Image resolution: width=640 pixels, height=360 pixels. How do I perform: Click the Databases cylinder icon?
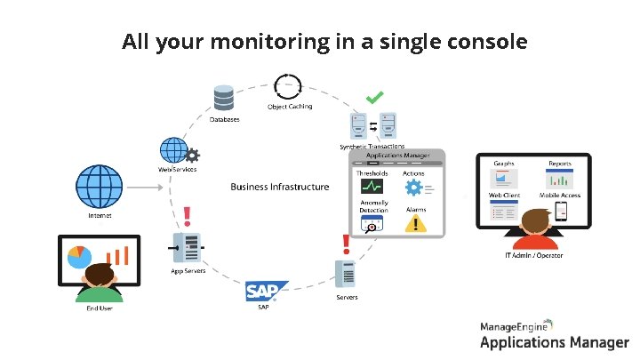tap(223, 97)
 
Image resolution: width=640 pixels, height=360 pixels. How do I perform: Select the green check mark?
tap(376, 95)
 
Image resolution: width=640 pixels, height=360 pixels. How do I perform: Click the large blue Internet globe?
tap(99, 186)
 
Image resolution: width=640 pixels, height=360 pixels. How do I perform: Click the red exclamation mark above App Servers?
tap(187, 216)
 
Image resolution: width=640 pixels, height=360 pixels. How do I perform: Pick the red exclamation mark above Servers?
tap(346, 242)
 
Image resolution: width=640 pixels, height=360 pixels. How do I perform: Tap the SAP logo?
tap(266, 291)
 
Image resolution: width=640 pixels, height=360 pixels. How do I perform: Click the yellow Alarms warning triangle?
tap(413, 223)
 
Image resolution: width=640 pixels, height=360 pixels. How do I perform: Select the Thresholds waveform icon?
tap(372, 187)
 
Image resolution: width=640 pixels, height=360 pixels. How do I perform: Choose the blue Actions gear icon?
tap(413, 187)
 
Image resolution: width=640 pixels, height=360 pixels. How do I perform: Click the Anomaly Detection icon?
tap(372, 222)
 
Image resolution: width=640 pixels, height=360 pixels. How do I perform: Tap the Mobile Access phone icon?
tap(560, 211)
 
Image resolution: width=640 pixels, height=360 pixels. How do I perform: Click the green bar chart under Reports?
tap(558, 180)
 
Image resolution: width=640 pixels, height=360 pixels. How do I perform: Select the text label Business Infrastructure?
tap(279, 187)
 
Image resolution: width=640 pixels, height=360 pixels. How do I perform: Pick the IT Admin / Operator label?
tap(534, 255)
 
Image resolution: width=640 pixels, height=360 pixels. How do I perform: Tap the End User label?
tap(100, 308)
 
